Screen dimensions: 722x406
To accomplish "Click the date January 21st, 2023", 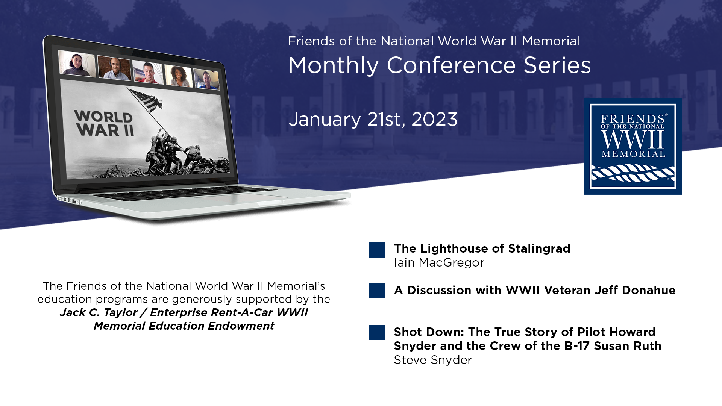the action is (x=373, y=120).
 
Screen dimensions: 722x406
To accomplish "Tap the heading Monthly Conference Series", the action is (x=440, y=65).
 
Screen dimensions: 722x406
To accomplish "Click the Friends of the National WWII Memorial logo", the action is (x=633, y=146).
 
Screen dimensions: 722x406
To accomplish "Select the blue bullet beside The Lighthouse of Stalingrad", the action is (x=377, y=250).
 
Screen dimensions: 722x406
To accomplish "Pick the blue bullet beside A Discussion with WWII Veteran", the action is (x=377, y=290).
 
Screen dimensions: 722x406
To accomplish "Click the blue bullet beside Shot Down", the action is (x=377, y=332).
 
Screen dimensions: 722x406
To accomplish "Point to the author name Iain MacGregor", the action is (x=439, y=262).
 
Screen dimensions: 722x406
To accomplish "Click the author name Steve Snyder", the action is (x=433, y=360).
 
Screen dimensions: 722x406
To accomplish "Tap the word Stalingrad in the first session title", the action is (x=539, y=249).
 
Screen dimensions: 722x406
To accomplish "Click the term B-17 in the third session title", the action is (x=578, y=346).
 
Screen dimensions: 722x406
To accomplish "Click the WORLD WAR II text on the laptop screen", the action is (x=104, y=123).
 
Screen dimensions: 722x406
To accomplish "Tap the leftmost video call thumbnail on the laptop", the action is (x=77, y=64).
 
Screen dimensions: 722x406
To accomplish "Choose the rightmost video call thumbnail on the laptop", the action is (x=206, y=79).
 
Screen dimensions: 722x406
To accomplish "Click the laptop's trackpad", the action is (x=241, y=196).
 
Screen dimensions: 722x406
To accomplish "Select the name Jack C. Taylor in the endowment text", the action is (x=99, y=312).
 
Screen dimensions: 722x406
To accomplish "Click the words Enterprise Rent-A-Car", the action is (x=211, y=312).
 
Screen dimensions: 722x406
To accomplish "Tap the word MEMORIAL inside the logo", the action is (x=633, y=154).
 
